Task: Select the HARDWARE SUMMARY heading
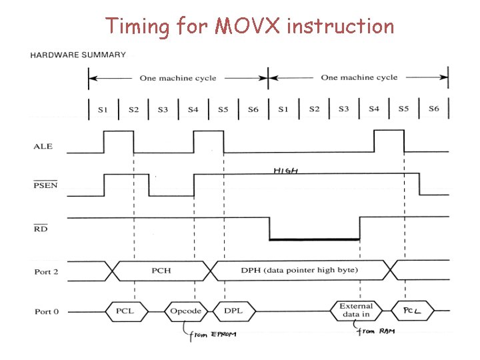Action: pos(77,55)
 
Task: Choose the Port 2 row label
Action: pos(47,271)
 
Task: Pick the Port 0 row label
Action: pos(47,311)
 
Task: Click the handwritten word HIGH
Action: pos(285,171)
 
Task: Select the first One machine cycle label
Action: pos(177,78)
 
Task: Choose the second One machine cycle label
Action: pos(359,77)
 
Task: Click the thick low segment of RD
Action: pos(314,239)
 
